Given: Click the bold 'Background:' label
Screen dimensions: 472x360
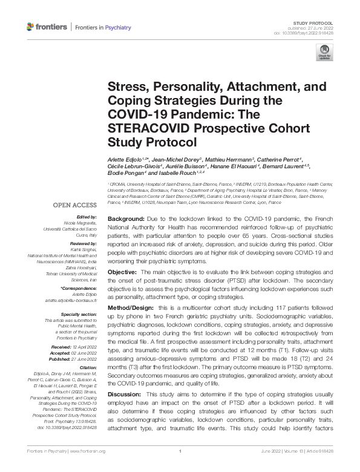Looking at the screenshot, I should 125,200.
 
